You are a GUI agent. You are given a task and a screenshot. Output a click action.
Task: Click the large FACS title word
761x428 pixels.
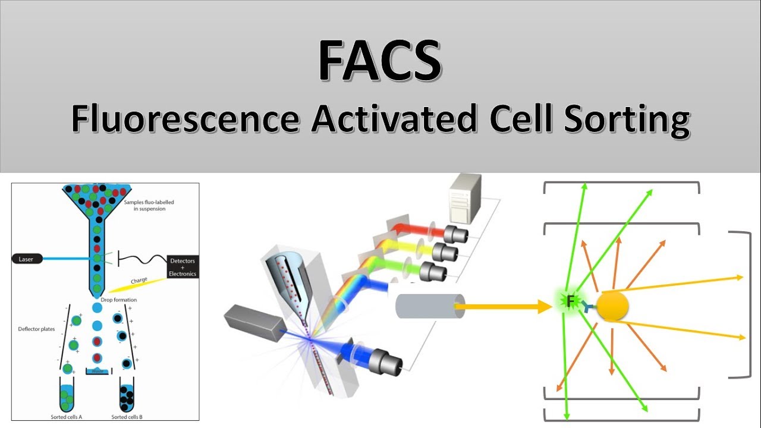coord(380,61)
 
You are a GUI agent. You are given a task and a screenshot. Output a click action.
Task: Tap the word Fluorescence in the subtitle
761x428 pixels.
coord(185,118)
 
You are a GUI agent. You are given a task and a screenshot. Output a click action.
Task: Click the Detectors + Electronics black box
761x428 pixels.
coord(183,265)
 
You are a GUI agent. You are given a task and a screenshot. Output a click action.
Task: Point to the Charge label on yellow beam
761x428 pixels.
coord(139,280)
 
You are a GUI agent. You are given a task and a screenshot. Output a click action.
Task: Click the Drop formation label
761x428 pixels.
coord(119,300)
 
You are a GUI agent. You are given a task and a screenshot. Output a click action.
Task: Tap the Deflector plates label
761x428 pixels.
coord(33,328)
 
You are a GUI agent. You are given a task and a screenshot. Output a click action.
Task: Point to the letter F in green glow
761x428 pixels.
coord(570,301)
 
